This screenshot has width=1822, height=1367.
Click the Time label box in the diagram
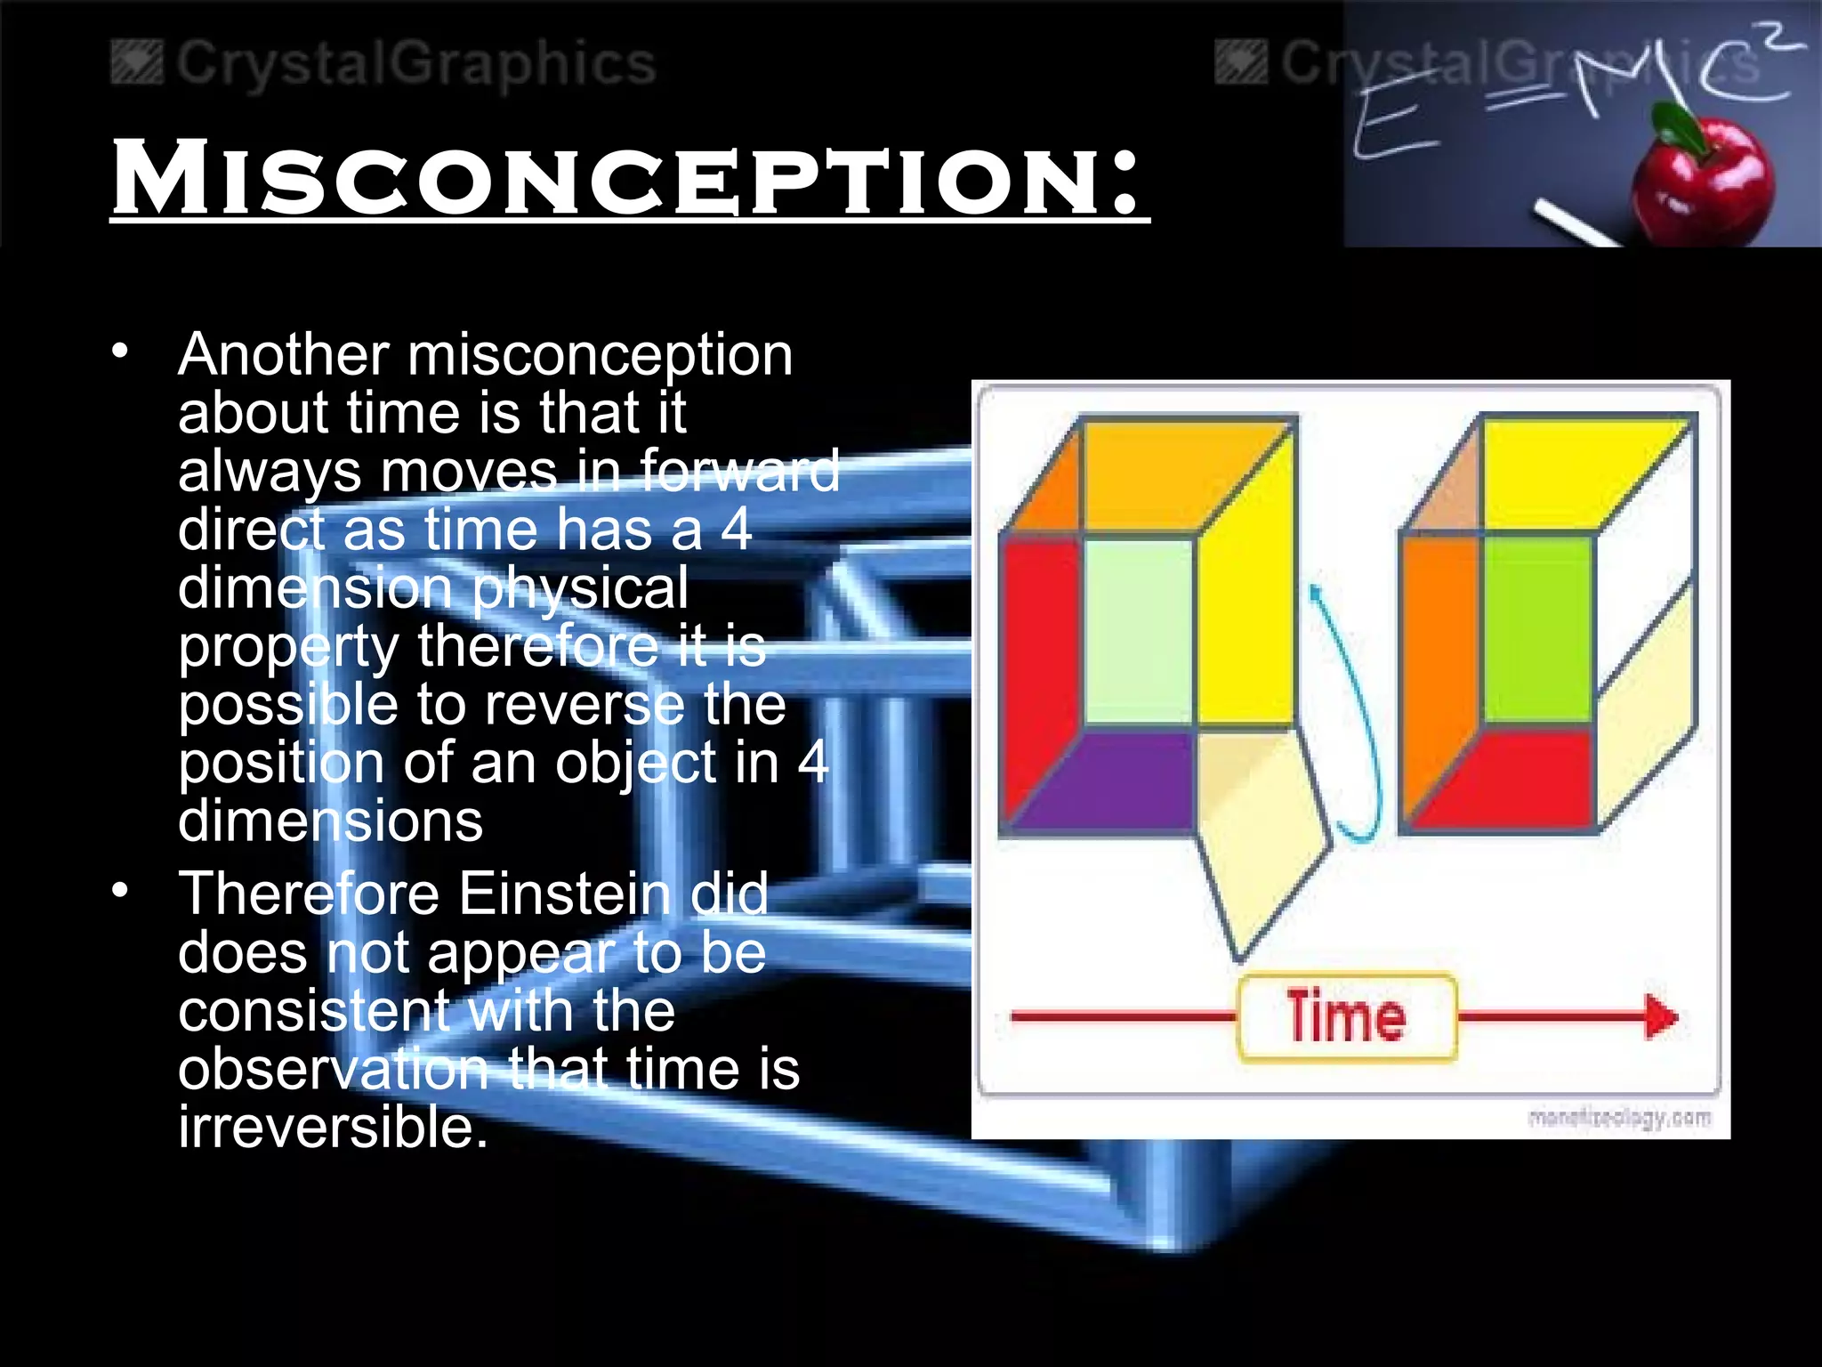coord(1346,1017)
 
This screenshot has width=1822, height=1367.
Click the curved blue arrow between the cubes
coord(1352,712)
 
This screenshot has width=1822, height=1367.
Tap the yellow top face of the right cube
coord(1575,472)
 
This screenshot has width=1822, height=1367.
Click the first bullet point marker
coord(120,351)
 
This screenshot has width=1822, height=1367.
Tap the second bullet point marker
coord(120,889)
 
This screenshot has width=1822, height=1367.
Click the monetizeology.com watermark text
coord(1619,1118)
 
